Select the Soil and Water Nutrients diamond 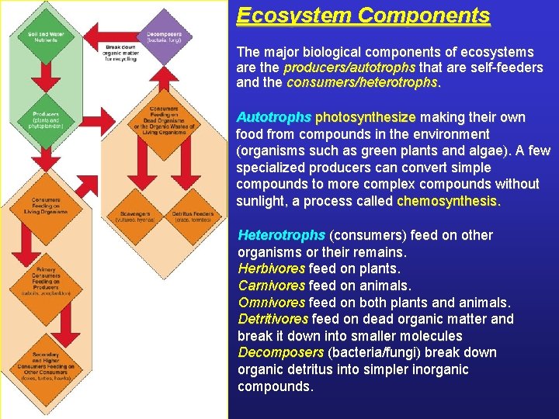pos(47,36)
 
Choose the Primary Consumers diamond pos(47,280)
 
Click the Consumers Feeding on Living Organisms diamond pos(47,204)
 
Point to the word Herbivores pos(271,268)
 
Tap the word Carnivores pos(272,286)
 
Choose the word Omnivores pos(272,303)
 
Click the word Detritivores pos(273,319)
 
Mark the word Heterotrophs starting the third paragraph pos(281,235)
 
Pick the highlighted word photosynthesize pos(365,117)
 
